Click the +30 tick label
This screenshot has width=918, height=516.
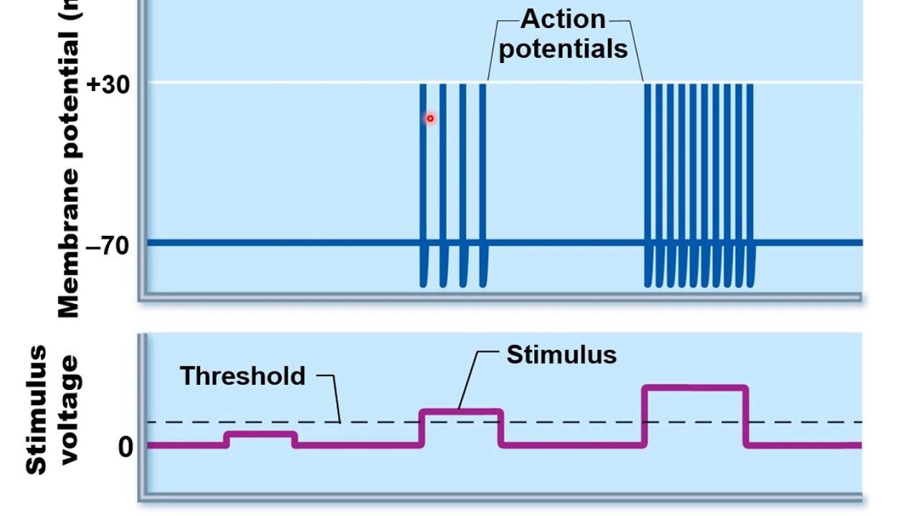[108, 85]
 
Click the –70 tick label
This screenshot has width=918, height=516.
[108, 246]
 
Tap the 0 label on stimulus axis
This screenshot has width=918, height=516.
[126, 447]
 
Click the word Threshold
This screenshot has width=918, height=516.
[242, 376]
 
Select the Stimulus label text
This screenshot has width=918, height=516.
[562, 355]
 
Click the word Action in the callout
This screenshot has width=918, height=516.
[563, 19]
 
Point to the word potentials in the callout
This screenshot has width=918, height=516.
[563, 49]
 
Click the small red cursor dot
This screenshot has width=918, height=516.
[430, 118]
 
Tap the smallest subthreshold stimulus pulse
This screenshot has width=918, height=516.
[260, 434]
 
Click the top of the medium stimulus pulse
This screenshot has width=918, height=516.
[460, 411]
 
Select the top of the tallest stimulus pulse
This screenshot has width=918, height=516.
[695, 388]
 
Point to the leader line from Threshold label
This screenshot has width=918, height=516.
[336, 398]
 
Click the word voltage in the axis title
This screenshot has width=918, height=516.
[70, 411]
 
